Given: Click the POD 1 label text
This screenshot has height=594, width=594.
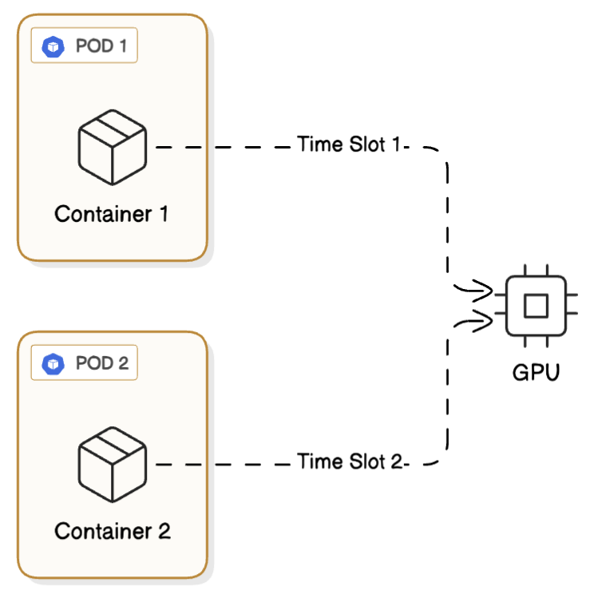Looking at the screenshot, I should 100,46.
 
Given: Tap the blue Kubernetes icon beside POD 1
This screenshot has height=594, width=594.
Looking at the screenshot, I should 53,47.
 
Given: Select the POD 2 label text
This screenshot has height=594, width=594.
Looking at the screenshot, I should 101,364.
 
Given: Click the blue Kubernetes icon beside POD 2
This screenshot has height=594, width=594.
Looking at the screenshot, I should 53,365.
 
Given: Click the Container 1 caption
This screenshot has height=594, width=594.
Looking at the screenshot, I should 112,214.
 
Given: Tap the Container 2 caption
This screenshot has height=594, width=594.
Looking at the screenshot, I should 113,531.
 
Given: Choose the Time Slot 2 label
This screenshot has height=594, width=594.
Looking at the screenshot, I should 350,461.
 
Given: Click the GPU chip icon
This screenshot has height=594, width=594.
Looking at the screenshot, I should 535,305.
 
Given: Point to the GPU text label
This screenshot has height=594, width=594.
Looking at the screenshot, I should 536,372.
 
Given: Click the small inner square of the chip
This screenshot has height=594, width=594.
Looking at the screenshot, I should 535,305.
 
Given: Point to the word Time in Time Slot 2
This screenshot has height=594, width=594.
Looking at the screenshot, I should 315,461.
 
